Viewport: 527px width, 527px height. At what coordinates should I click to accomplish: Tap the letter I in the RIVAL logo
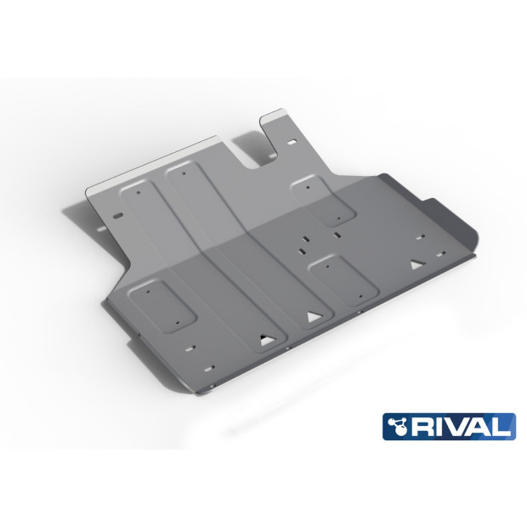click(x=446, y=426)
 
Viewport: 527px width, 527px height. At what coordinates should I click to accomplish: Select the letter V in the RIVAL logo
click(x=462, y=426)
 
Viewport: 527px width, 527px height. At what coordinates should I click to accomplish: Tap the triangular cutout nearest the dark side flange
click(x=416, y=264)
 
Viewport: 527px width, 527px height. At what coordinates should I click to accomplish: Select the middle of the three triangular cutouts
click(x=312, y=318)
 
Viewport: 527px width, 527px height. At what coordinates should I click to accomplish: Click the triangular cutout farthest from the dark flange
click(x=264, y=341)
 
